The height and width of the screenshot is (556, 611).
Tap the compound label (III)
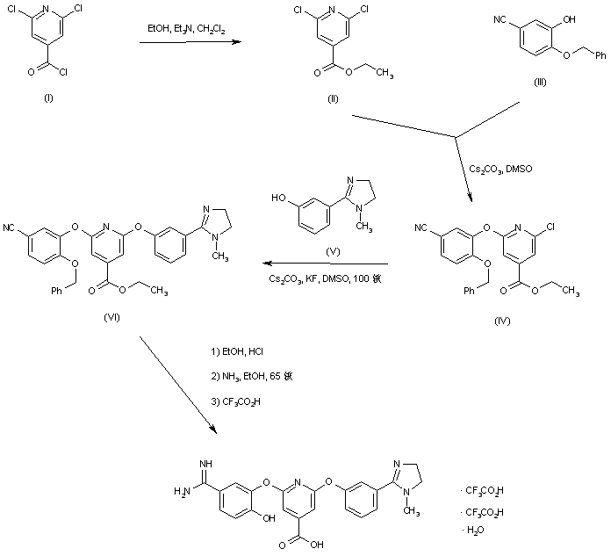(541, 81)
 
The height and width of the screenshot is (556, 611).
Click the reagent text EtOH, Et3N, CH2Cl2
(186, 30)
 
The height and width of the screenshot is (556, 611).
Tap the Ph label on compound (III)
(600, 57)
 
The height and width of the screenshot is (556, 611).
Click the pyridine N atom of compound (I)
(48, 11)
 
